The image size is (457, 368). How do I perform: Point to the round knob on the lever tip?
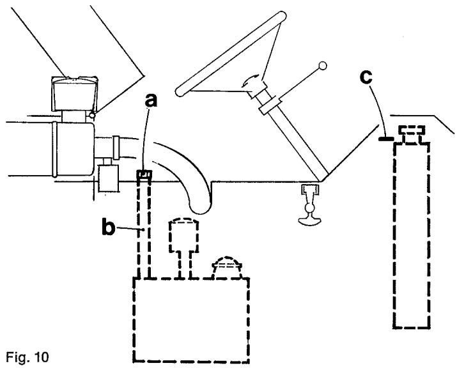323,65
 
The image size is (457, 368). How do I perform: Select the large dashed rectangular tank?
191,319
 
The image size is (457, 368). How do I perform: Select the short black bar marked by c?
386,138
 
